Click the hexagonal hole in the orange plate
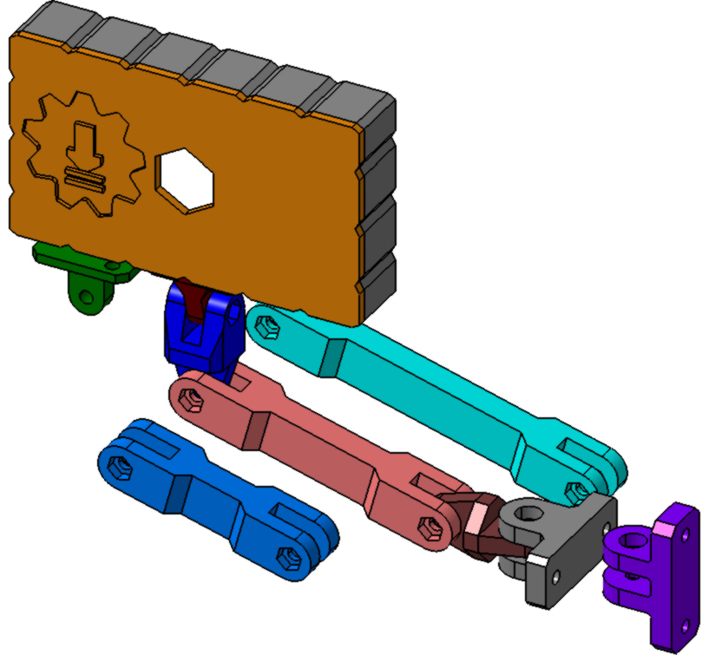[185, 179]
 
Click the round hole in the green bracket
[86, 298]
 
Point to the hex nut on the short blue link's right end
[285, 555]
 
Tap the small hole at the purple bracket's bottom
[686, 624]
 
